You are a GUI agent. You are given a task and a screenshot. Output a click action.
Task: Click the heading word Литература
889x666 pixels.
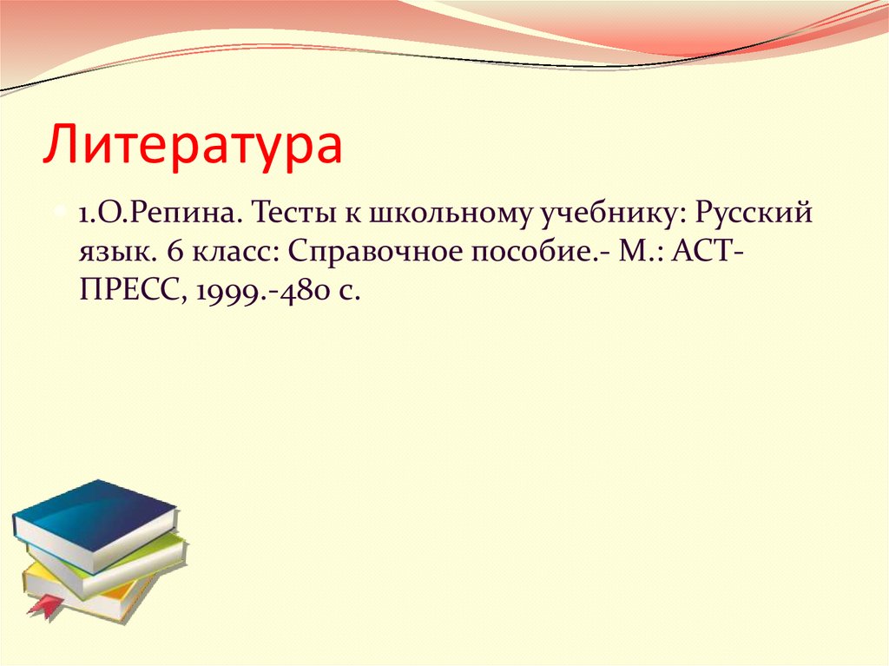[x=193, y=144]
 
